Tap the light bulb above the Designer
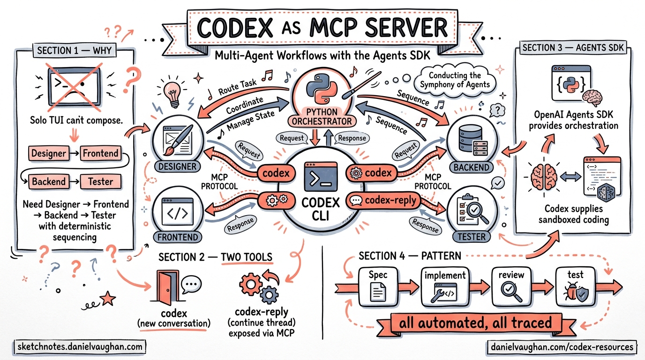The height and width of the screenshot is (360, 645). tap(172, 90)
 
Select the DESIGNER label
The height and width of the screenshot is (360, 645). tap(177, 166)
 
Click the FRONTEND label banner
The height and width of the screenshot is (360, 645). tap(177, 237)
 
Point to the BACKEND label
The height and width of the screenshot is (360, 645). tap(472, 167)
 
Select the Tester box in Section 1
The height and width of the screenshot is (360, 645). tap(100, 181)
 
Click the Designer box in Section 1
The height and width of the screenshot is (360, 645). tap(48, 153)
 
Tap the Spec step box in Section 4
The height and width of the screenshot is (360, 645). tap(378, 285)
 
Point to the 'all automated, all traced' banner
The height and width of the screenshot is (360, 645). tap(475, 323)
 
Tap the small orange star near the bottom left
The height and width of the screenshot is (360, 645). tap(108, 297)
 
